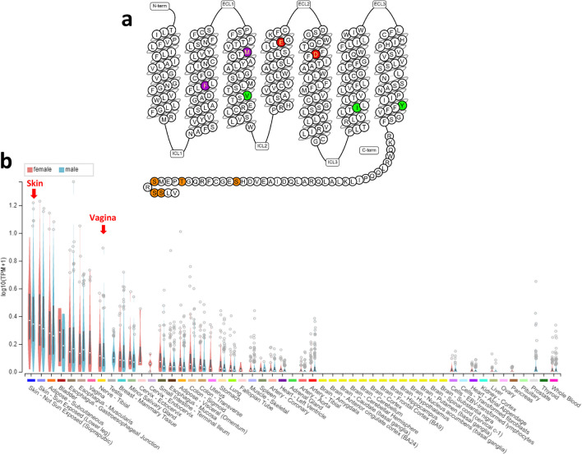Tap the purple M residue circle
coord(248,51)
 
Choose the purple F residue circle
coord(205,85)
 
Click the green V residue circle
coord(247,96)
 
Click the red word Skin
coord(34,181)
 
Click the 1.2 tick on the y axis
coord(12,204)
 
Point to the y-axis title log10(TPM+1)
coord(6,279)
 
